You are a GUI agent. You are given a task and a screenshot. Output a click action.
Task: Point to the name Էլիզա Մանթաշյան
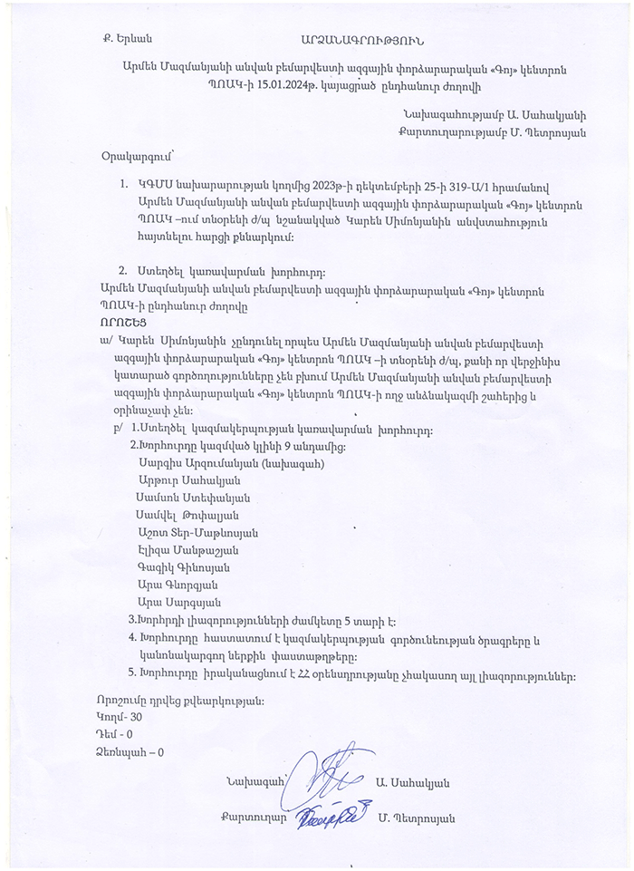(185, 550)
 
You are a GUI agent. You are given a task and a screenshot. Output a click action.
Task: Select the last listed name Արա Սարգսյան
(173, 602)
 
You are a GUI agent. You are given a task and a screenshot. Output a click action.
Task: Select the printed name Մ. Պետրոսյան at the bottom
(417, 818)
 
